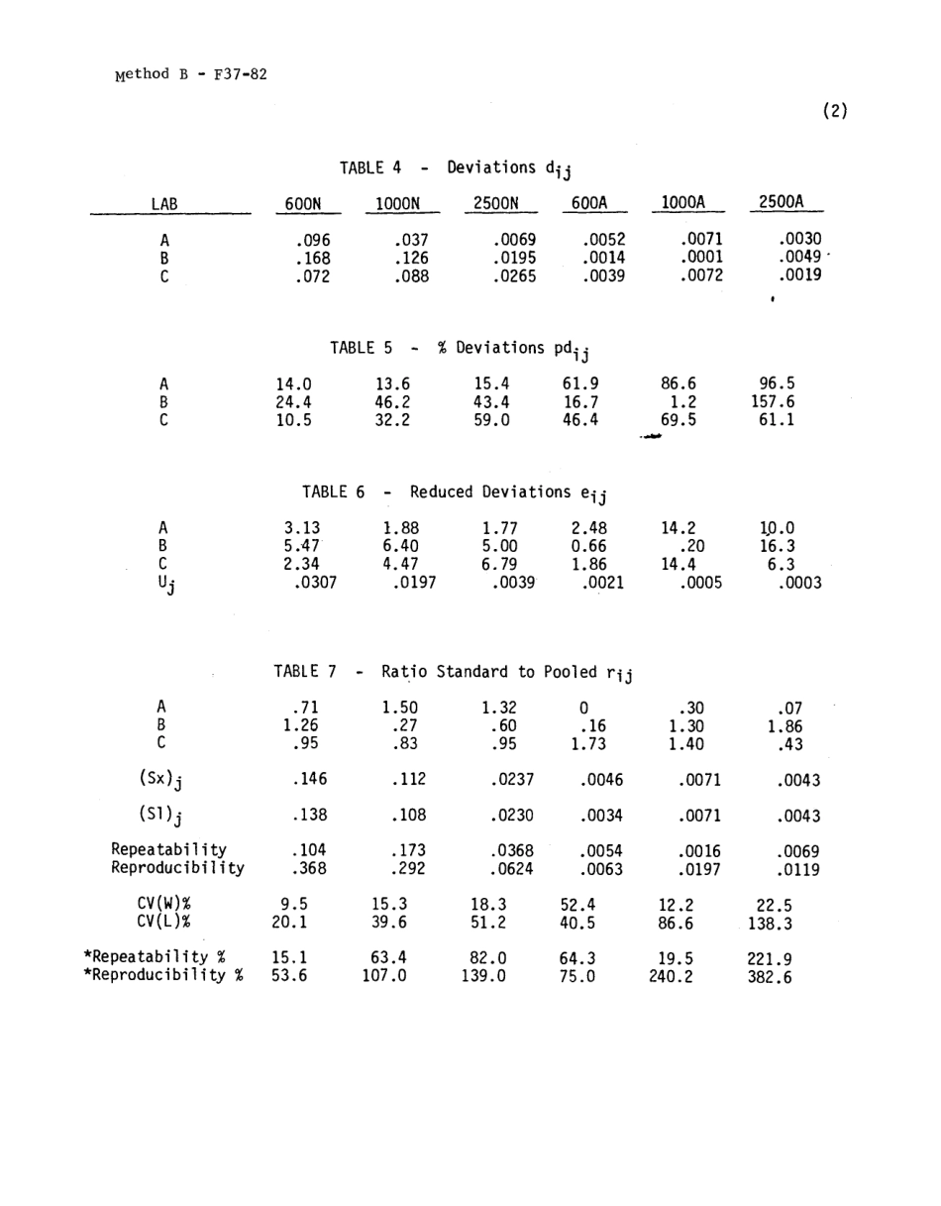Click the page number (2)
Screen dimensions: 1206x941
835,111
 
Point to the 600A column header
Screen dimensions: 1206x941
589,204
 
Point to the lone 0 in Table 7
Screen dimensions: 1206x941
582,708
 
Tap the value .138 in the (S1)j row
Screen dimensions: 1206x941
312,817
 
